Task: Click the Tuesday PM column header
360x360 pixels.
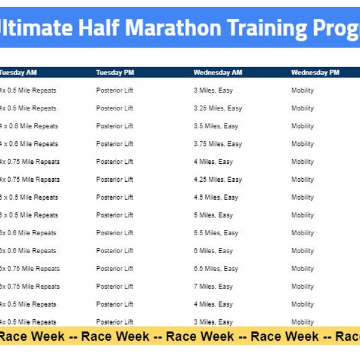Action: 115,73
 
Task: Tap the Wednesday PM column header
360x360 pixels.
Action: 315,73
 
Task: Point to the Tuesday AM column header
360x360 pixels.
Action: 18,73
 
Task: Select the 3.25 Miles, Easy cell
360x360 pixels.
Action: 218,109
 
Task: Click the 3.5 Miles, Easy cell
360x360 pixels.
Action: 216,126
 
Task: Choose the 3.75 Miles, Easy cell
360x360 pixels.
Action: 218,144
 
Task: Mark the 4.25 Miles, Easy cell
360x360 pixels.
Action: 218,179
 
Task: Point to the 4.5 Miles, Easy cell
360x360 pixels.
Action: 216,197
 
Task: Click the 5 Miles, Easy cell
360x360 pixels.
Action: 213,215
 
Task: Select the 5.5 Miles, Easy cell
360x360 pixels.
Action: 216,233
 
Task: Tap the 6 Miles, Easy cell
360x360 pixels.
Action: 213,251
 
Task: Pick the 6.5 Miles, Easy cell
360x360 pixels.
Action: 216,269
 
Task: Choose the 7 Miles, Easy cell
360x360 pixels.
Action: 213,286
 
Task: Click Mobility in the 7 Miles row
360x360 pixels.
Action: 302,286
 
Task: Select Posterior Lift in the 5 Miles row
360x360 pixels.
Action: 115,215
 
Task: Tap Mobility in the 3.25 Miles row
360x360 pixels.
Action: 302,109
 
